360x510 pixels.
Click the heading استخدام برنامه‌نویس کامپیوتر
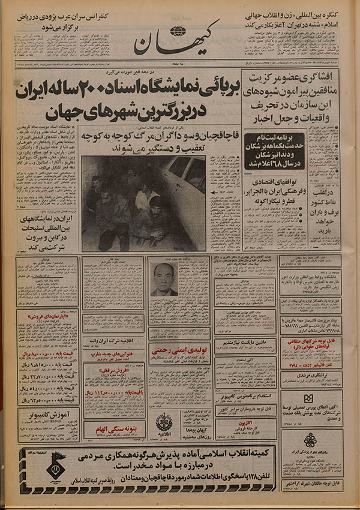239,397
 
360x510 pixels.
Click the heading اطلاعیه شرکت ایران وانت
113,340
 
